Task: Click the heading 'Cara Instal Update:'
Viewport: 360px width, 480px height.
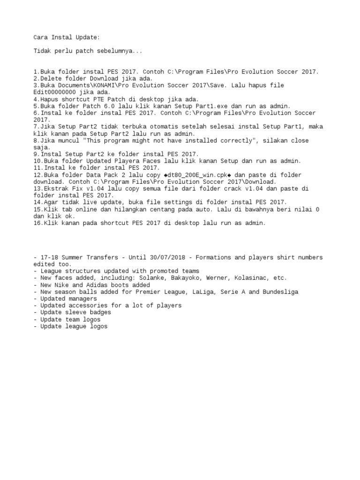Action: coord(66,37)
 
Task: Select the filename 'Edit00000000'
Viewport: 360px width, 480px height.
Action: coord(54,92)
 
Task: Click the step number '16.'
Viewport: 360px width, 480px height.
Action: coord(38,223)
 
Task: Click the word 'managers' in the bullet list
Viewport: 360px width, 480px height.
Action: coord(83,299)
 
